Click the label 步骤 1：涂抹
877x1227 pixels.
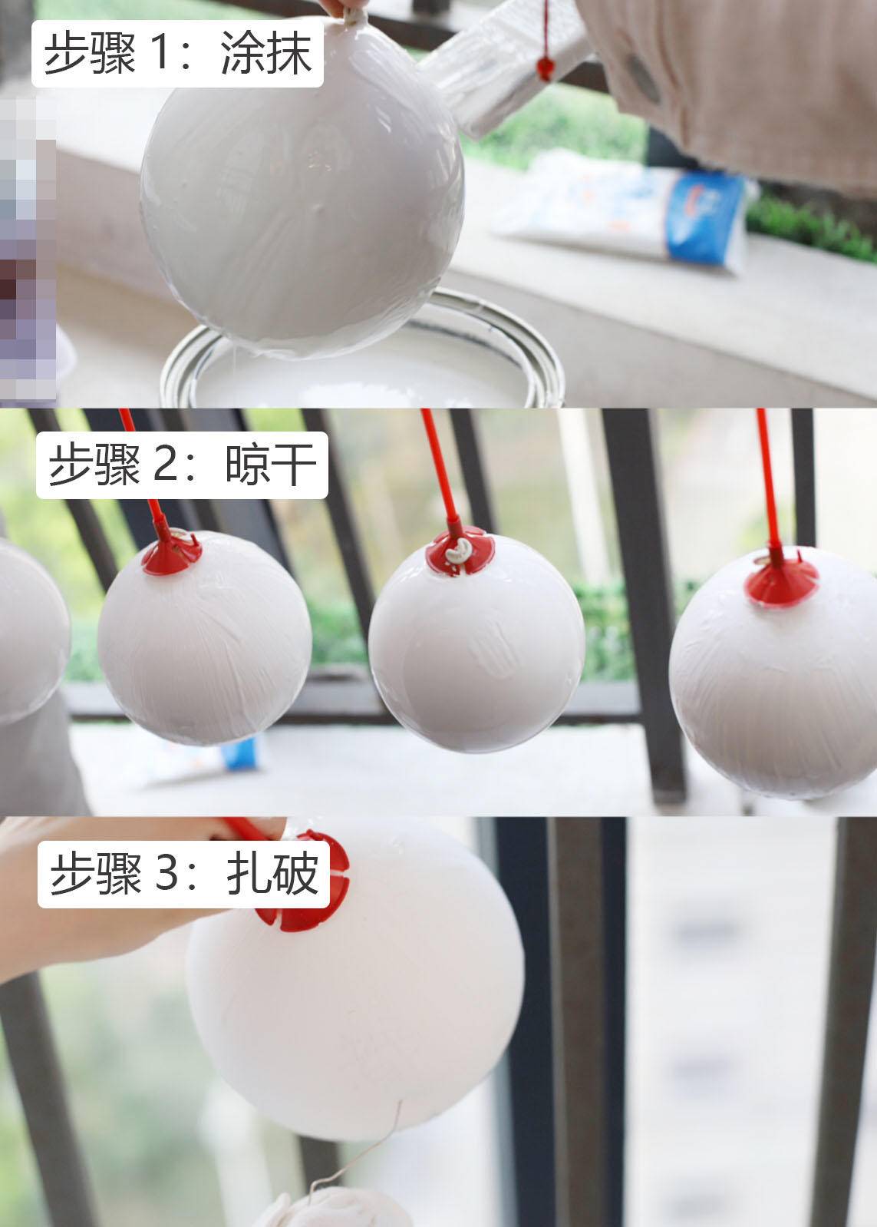(x=177, y=55)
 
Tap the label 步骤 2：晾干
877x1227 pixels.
(x=182, y=465)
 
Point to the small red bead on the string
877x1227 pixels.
(x=545, y=68)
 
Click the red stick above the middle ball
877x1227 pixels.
(x=437, y=468)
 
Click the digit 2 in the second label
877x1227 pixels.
(x=165, y=465)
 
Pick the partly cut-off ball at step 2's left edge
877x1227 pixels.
(x=31, y=630)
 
